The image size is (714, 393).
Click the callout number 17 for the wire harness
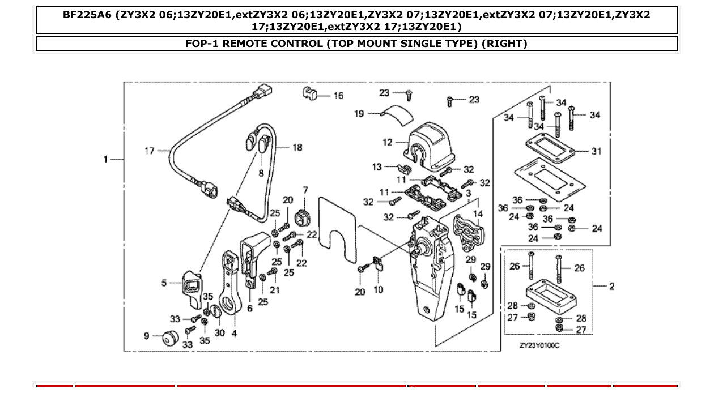click(149, 151)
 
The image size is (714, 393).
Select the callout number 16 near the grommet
click(338, 96)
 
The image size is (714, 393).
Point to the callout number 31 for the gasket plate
click(596, 151)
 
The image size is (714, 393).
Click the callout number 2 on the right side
click(611, 287)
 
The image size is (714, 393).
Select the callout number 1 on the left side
click(105, 159)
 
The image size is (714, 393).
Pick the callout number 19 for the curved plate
click(359, 114)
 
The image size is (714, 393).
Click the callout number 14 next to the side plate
click(478, 214)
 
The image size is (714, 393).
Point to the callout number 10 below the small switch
click(378, 289)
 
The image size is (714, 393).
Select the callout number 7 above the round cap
click(305, 190)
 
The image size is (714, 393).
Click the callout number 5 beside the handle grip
click(164, 283)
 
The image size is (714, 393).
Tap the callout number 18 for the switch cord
click(297, 147)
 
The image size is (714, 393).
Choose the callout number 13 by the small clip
click(377, 166)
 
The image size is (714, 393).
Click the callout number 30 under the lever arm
click(219, 333)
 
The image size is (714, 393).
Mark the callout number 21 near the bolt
click(275, 290)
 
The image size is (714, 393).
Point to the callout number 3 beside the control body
click(469, 194)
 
